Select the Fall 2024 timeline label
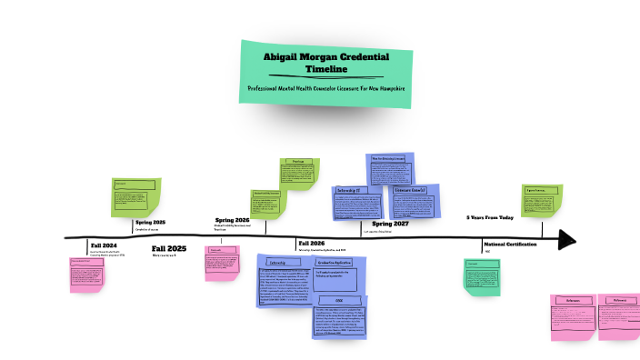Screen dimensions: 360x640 click(x=104, y=246)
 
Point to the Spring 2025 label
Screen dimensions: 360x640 click(x=150, y=222)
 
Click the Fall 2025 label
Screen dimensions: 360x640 click(x=169, y=248)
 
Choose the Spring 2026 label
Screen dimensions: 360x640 click(x=232, y=220)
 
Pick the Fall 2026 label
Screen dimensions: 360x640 click(x=311, y=244)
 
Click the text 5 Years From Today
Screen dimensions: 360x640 click(x=491, y=217)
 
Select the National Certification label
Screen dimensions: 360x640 click(x=510, y=245)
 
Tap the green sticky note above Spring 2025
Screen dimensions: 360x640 click(x=134, y=197)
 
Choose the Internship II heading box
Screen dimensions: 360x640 click(x=348, y=190)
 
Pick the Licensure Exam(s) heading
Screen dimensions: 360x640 click(x=410, y=191)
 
